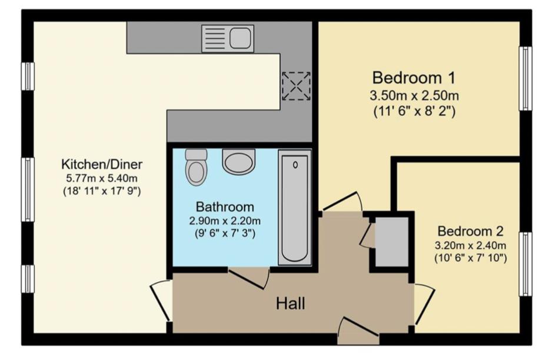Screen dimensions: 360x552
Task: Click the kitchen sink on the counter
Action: coord(228,38)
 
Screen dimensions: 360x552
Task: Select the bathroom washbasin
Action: coord(238,161)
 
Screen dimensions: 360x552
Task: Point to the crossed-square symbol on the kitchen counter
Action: coord(295,86)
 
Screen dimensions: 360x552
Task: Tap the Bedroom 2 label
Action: coord(470,231)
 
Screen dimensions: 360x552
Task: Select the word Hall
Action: coord(291,304)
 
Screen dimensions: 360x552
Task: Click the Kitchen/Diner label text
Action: coord(102,164)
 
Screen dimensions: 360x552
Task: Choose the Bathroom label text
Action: coord(225,207)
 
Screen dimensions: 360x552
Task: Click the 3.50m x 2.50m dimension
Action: coord(414,96)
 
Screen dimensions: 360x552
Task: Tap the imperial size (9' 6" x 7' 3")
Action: coord(225,233)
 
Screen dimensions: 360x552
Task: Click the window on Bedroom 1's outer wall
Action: coord(524,78)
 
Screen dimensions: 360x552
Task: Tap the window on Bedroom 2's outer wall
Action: coord(524,264)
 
